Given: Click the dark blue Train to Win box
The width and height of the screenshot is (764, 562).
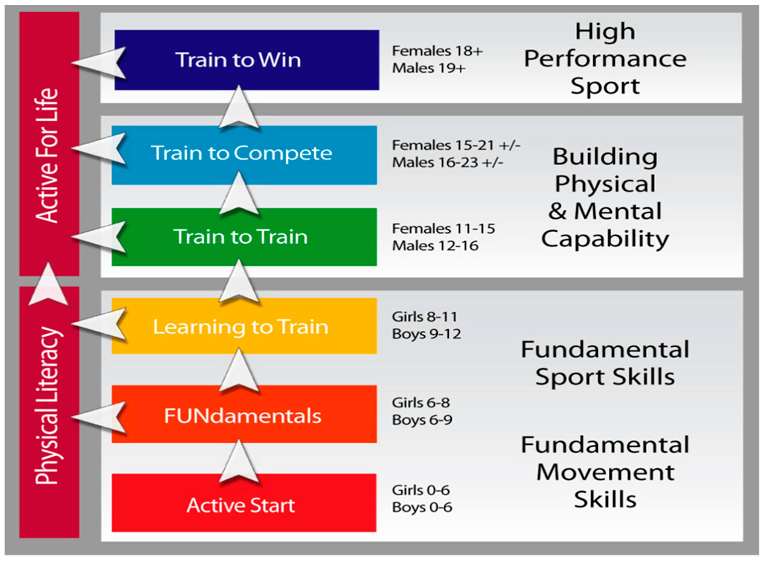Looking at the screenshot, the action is pos(247,60).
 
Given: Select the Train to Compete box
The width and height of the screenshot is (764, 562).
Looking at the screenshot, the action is pos(244,155).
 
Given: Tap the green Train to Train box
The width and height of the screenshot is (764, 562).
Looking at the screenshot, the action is pos(244,237).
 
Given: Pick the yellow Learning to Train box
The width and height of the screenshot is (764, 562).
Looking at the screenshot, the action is pos(244,326).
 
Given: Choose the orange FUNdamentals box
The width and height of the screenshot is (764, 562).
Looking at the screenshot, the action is pos(244,414).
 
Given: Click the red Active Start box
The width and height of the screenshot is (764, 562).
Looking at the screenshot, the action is pos(244,503).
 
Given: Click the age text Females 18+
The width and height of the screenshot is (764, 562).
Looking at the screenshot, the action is pos(437,51).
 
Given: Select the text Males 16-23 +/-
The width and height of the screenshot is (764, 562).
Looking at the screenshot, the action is pos(448,162).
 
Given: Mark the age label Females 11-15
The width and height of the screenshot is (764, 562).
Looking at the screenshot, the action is pos(443,229).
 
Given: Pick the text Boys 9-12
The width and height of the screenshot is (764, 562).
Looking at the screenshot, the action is pos(426,334).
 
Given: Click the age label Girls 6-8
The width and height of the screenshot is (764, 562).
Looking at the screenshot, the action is pos(421,403).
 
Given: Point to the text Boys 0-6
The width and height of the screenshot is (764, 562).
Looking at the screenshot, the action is pos(422,508).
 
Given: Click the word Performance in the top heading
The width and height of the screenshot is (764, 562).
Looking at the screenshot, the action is pos(605,59).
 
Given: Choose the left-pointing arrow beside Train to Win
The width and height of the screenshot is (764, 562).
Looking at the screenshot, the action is pos(99,63).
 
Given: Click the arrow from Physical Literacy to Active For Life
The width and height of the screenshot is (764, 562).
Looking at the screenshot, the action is pos(48,284).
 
